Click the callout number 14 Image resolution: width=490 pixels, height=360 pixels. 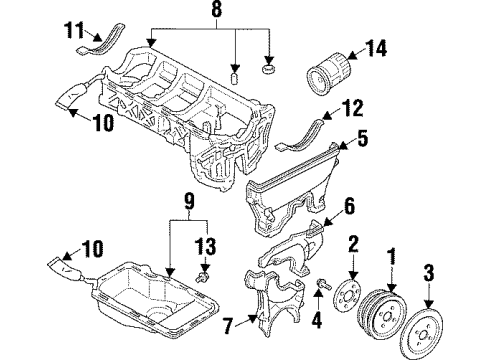click(x=376, y=48)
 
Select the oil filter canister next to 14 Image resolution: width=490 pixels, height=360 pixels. click(x=328, y=75)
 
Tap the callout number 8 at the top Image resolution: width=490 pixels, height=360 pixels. click(x=216, y=9)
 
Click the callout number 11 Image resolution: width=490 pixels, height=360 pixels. click(x=74, y=30)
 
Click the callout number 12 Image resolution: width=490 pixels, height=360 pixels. click(x=352, y=108)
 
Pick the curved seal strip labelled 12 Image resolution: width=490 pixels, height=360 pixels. click(x=299, y=135)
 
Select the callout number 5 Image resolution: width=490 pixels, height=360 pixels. click(x=362, y=138)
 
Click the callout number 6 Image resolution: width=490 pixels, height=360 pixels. click(x=349, y=206)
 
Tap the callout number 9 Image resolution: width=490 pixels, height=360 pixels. click(x=189, y=201)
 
